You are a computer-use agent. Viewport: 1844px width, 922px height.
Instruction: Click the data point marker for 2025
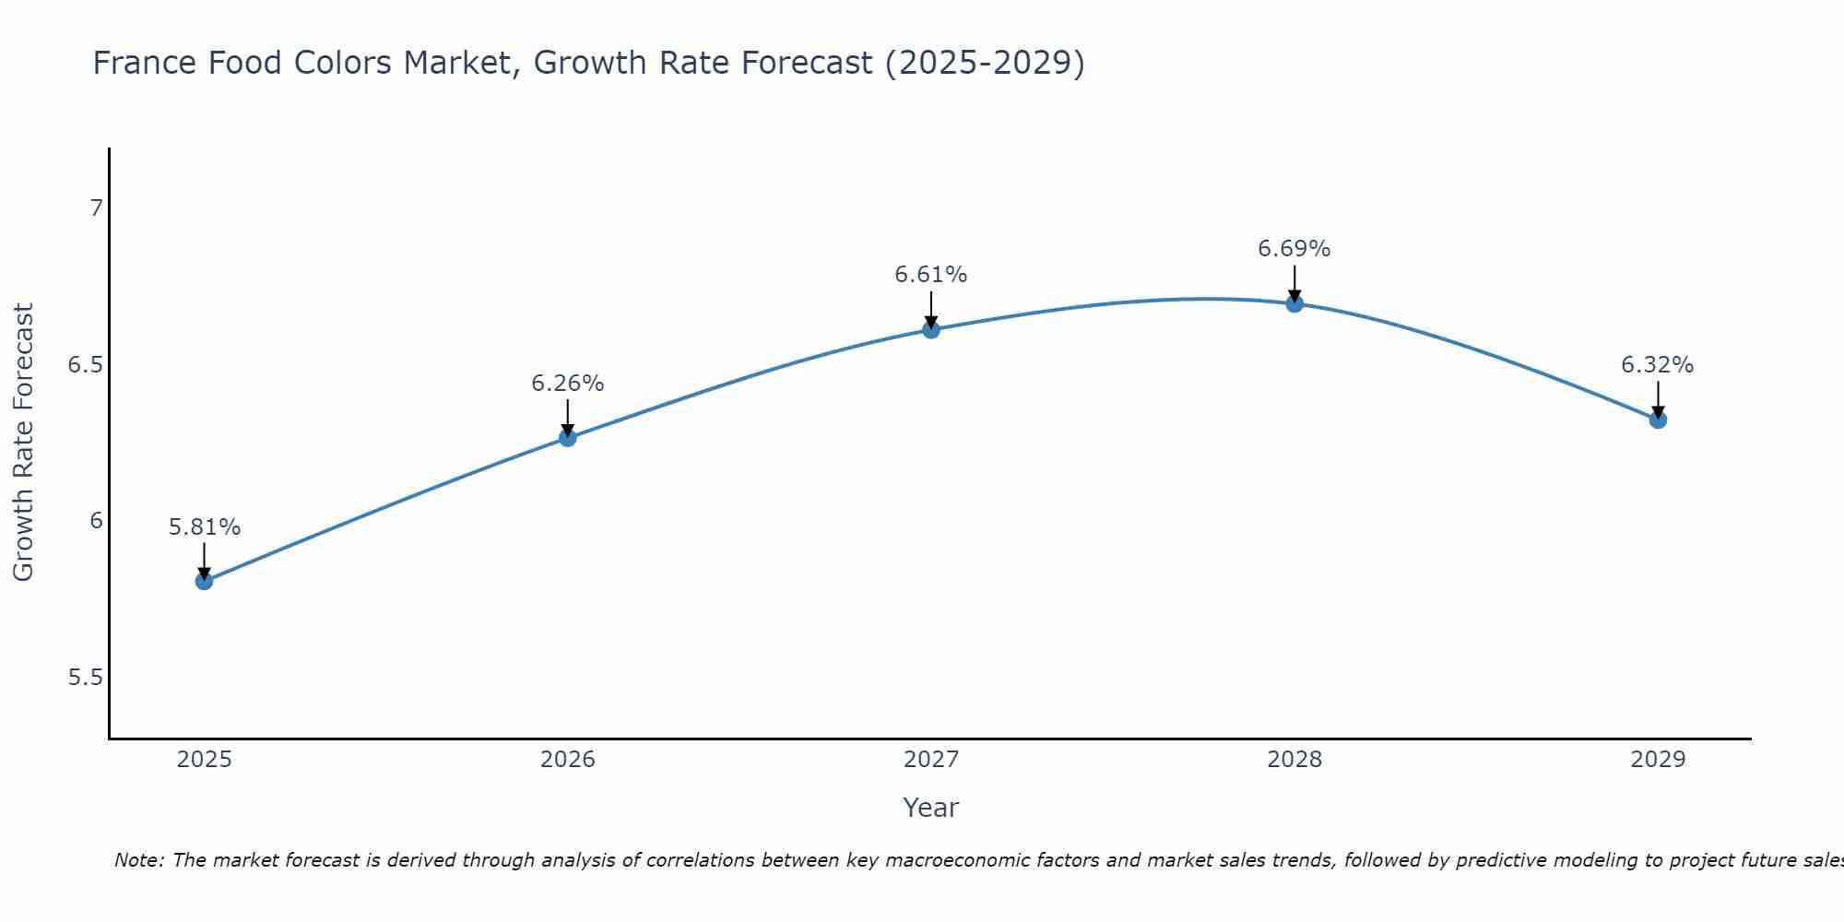coord(205,581)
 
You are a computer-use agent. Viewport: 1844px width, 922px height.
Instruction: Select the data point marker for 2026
coord(568,438)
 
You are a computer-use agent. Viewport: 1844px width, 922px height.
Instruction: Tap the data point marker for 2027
coord(931,329)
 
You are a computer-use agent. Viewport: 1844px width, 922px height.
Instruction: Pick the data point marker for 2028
coord(1294,303)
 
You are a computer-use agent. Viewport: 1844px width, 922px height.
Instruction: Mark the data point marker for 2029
coord(1658,420)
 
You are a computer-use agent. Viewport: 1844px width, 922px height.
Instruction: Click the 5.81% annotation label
coord(205,527)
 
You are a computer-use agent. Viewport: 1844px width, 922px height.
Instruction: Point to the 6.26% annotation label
coord(568,384)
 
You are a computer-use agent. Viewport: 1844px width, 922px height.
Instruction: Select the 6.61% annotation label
coord(931,275)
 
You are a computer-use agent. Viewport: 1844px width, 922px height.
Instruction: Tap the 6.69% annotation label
coord(1294,249)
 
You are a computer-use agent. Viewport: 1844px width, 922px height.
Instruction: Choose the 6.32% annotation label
coord(1658,365)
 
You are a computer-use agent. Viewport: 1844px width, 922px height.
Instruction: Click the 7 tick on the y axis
coord(96,208)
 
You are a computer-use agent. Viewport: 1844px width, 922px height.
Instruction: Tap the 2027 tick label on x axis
coord(931,760)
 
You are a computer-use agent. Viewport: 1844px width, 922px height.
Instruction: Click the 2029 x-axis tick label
coord(1658,760)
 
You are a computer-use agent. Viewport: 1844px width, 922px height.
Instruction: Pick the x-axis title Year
coord(931,808)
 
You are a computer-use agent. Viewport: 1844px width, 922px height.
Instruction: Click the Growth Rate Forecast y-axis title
coord(23,443)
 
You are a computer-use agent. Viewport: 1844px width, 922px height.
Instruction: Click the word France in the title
coord(145,63)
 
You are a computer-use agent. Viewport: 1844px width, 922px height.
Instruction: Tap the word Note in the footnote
coord(137,860)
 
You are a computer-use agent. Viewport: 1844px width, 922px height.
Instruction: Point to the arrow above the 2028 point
coord(1294,282)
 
